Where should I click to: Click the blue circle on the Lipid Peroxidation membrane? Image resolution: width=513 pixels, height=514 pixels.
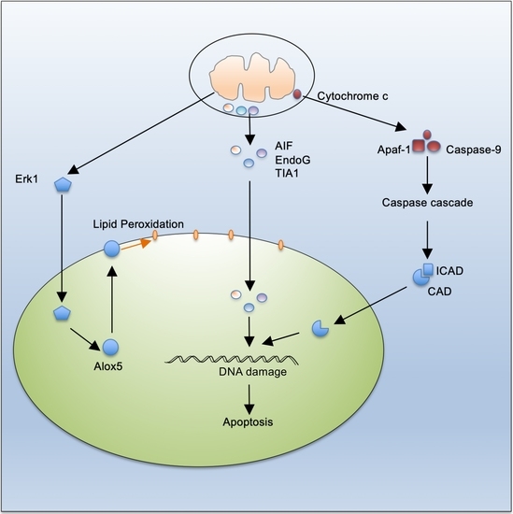point(112,250)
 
